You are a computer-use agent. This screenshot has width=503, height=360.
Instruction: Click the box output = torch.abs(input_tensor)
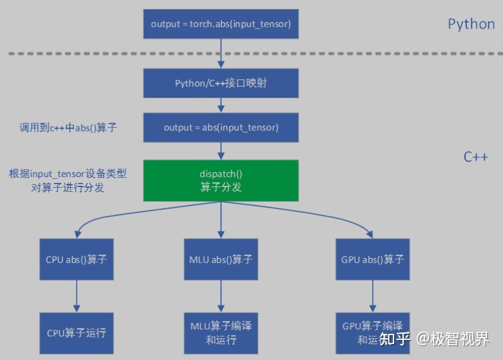221,24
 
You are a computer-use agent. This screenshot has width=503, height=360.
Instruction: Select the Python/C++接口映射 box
221,83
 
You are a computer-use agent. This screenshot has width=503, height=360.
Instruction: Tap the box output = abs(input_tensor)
221,127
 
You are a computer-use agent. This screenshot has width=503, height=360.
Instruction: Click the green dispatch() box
221,181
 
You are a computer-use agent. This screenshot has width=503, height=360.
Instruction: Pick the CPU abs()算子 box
76,259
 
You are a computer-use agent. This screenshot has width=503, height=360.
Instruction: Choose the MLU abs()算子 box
221,259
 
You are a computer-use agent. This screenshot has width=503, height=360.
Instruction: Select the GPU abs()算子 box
372,259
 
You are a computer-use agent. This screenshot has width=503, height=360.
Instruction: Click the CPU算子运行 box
76,333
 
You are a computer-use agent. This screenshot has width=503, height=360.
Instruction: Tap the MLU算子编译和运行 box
221,333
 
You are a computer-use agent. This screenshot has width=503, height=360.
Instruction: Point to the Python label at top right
471,24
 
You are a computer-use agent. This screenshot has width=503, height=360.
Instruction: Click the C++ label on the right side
475,157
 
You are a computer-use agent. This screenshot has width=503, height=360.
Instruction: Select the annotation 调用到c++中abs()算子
67,127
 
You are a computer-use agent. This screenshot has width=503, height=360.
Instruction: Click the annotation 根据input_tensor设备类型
67,174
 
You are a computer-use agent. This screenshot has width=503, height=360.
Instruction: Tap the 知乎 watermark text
395,339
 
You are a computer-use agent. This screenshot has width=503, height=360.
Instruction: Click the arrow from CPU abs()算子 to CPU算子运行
76,296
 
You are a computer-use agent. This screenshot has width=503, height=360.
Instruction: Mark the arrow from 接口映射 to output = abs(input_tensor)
221,105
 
